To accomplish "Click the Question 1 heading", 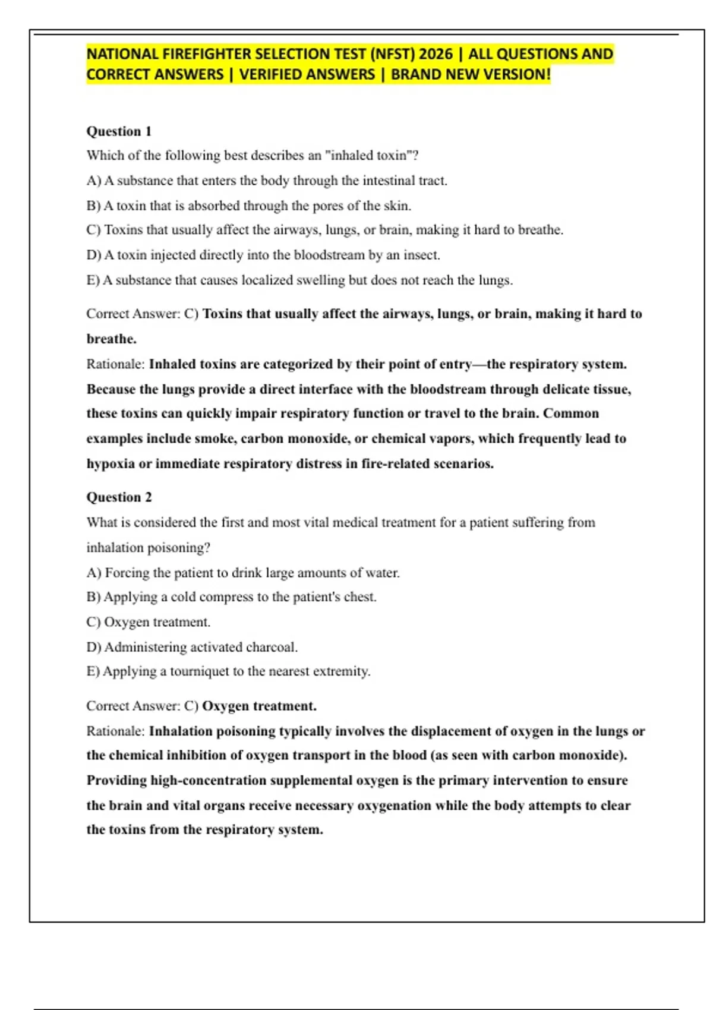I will coord(119,131).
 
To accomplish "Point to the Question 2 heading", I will coord(119,497).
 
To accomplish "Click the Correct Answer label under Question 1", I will coord(132,314).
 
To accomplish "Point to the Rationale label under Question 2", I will coord(115,731).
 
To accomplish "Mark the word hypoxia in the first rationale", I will coord(111,464).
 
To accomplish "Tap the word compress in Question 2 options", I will coord(225,597).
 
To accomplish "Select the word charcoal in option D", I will coord(271,648).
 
